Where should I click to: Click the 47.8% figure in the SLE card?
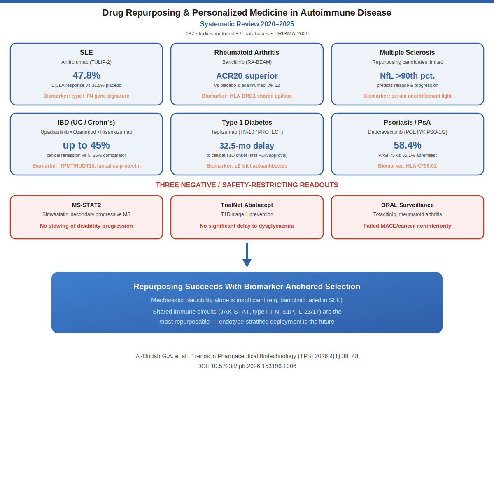tap(86, 75)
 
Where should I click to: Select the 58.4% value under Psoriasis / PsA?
tap(408, 145)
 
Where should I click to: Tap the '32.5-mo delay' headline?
tap(247, 146)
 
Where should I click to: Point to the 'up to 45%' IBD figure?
tap(86, 145)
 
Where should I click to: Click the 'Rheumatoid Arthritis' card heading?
tap(247, 52)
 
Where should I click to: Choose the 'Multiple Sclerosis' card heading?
tap(407, 52)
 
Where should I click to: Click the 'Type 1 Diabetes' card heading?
tap(247, 122)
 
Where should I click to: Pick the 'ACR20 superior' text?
tap(247, 76)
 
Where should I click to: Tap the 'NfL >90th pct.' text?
tap(408, 76)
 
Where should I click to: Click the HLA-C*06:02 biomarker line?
tap(407, 165)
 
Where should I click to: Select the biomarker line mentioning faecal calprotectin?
tap(86, 165)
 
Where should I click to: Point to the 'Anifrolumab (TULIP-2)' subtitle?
tap(86, 62)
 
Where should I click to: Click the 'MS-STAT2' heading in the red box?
tap(86, 205)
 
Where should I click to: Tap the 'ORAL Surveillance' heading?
tap(408, 205)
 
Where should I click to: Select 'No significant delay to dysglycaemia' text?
tap(247, 226)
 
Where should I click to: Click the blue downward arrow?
tap(247, 255)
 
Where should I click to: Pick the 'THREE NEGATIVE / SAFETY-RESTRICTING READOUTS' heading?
tap(247, 185)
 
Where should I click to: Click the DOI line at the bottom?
tap(247, 366)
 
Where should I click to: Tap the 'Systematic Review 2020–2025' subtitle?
tap(247, 24)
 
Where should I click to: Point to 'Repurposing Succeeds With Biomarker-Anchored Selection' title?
tap(247, 287)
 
